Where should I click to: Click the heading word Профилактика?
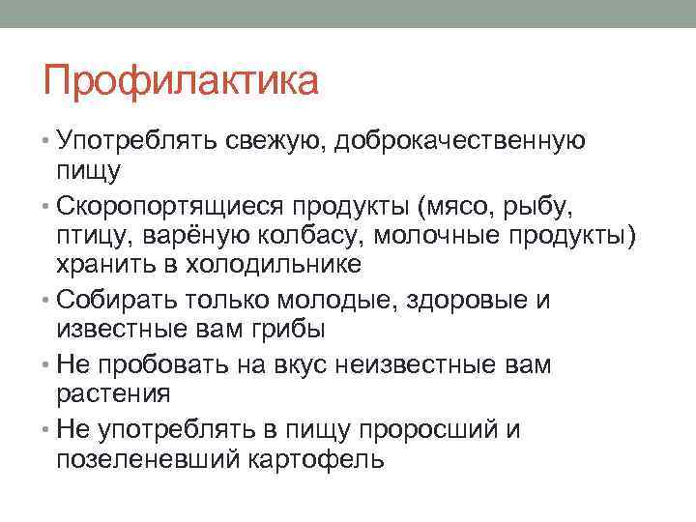point(181,80)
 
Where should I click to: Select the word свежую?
point(278,141)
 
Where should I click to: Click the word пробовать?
point(158,364)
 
